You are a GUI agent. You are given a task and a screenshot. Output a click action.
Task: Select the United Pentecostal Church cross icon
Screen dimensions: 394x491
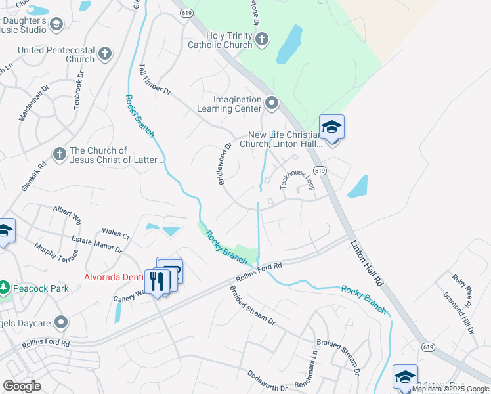[104, 52]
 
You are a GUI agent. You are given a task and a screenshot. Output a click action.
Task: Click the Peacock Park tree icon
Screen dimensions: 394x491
[4, 288]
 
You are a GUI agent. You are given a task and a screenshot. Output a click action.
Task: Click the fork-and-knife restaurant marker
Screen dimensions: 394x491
[157, 282]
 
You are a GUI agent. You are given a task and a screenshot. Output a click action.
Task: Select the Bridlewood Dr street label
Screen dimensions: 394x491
[226, 164]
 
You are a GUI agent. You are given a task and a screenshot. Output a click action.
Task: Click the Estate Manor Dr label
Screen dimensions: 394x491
[97, 245]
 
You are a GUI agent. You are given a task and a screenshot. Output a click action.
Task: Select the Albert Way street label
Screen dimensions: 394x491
[68, 215]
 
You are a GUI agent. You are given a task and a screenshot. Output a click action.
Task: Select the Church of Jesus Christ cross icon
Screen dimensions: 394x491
[59, 153]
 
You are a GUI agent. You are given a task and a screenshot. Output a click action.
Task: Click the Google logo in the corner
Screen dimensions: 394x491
[22, 386]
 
